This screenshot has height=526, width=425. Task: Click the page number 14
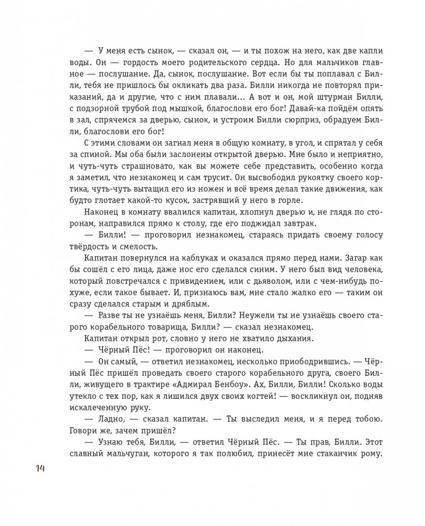point(41,469)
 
